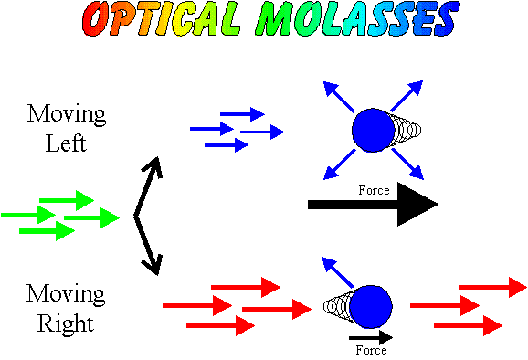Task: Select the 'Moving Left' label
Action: point(67,129)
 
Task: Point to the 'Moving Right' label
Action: point(66,308)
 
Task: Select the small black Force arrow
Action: point(370,336)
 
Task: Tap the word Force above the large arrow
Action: point(374,190)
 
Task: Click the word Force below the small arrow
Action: point(371,350)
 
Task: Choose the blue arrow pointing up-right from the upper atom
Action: point(411,92)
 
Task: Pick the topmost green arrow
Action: point(69,199)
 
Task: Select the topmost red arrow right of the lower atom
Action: point(492,287)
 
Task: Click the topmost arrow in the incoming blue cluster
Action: point(242,114)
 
